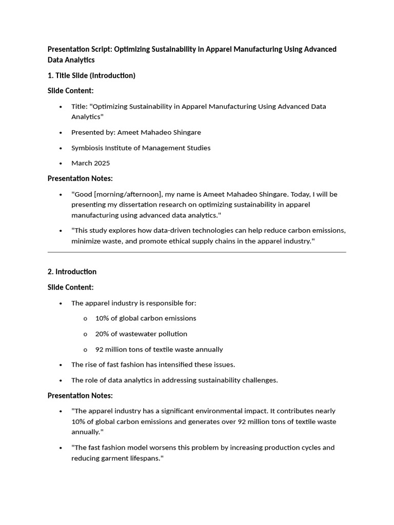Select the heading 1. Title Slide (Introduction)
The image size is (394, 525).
pos(91,75)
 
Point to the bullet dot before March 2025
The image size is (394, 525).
pos(61,164)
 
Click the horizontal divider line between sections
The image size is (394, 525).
pos(196,252)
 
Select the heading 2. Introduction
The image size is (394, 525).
pos(72,272)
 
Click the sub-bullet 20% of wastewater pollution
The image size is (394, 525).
pos(141,334)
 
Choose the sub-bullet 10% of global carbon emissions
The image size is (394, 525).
pos(146,318)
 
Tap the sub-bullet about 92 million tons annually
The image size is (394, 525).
pos(159,349)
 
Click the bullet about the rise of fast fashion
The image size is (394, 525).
pos(153,365)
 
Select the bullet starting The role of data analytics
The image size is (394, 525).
pos(174,380)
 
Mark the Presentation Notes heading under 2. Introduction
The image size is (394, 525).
pos(80,395)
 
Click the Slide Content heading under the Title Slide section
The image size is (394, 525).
pos(70,91)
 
